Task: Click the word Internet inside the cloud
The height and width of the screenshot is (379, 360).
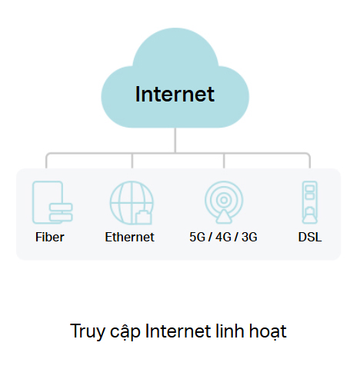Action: (x=175, y=94)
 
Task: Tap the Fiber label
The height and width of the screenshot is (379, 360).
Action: (x=50, y=237)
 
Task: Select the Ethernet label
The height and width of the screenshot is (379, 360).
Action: (x=130, y=237)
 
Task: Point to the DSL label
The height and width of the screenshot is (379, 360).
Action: (x=310, y=237)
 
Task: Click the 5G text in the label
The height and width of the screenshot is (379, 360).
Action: (x=198, y=237)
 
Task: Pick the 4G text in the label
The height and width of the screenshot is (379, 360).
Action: (x=223, y=237)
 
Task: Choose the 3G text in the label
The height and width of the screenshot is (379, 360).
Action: (x=249, y=237)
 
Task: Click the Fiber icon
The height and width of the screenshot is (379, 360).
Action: (x=52, y=202)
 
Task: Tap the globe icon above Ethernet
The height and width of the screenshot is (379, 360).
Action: (x=132, y=203)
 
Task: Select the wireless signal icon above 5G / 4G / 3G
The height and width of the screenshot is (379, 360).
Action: (x=224, y=202)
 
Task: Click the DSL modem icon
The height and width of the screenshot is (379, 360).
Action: (x=310, y=202)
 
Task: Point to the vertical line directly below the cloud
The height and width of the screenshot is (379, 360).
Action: (x=175, y=140)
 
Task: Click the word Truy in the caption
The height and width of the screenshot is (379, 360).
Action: (x=88, y=331)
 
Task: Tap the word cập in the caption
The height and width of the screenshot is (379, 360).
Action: (x=125, y=333)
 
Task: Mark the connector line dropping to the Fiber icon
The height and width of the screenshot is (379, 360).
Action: (x=46, y=161)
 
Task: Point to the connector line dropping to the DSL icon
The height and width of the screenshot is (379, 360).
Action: (x=310, y=161)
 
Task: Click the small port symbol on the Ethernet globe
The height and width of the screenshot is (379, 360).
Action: (x=143, y=218)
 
